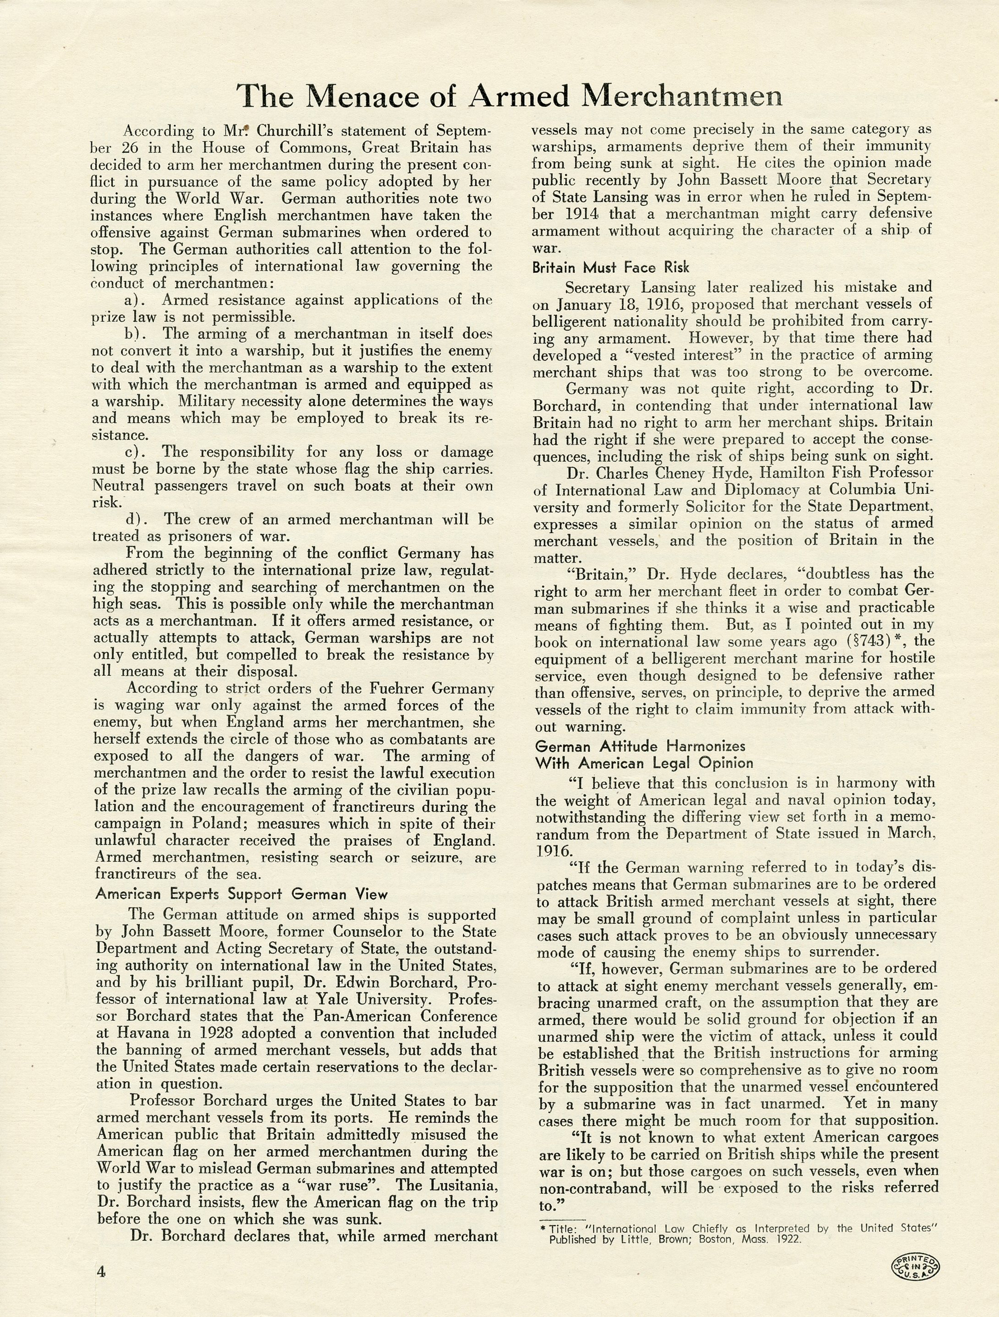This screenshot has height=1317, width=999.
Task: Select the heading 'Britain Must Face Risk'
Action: click(611, 268)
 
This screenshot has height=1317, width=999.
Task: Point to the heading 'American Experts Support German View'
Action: click(242, 894)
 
